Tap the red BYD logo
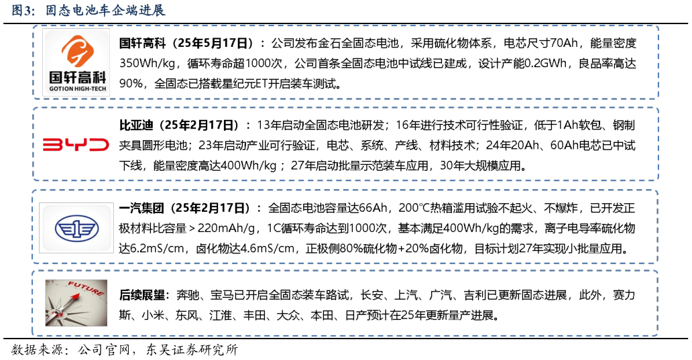pos(76,144)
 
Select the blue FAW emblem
pos(76,228)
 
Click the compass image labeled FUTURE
pos(76,302)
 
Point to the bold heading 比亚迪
pos(136,125)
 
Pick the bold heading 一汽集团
pos(141,208)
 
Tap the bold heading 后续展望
pos(142,295)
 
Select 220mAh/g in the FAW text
pos(227,229)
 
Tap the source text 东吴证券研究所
pos(192,350)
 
